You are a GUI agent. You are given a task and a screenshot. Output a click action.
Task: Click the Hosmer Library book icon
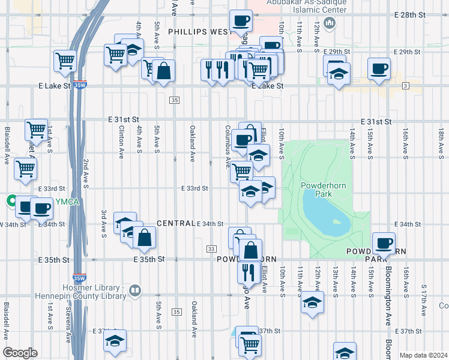click(x=135, y=292)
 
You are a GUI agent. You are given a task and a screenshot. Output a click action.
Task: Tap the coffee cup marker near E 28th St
click(x=241, y=21)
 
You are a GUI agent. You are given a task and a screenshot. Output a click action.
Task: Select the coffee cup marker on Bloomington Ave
click(x=383, y=244)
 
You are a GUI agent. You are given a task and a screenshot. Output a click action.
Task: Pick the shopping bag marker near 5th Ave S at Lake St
click(x=163, y=72)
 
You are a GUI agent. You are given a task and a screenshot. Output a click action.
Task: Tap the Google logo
click(x=20, y=352)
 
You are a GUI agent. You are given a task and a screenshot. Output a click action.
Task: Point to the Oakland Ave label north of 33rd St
click(x=193, y=143)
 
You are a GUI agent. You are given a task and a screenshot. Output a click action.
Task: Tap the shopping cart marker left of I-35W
click(x=64, y=61)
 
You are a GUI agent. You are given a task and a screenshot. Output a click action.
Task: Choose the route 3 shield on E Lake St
click(x=406, y=86)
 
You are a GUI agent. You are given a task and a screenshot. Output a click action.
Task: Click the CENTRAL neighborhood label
click(x=175, y=223)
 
